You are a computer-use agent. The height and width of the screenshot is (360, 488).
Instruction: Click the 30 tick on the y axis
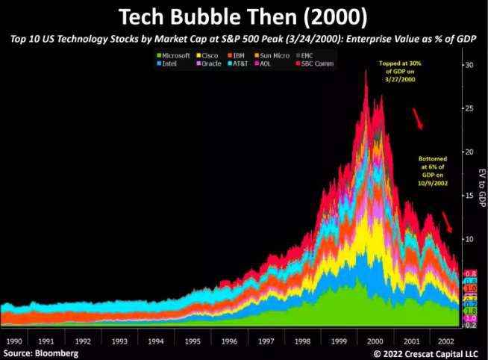point(469,66)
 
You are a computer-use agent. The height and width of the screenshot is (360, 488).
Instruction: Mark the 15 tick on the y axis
point(469,196)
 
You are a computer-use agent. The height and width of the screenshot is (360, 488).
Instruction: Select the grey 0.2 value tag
point(470,326)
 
